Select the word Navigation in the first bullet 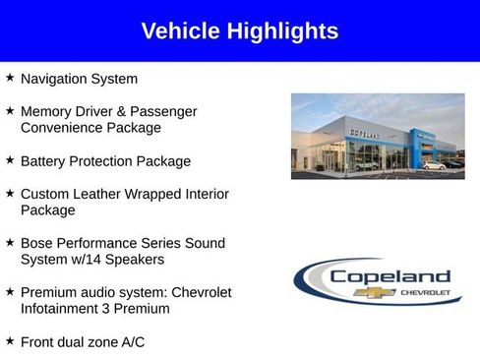point(57,79)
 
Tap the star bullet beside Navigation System point(10,77)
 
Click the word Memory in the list point(47,111)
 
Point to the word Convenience point(64,128)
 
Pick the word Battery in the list point(43,160)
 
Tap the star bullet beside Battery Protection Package point(10,158)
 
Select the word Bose point(37,243)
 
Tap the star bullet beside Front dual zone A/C point(10,339)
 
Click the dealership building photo point(377,136)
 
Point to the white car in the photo point(433,165)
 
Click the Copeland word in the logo point(390,276)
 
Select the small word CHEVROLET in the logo point(424,293)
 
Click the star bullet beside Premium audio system point(10,290)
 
